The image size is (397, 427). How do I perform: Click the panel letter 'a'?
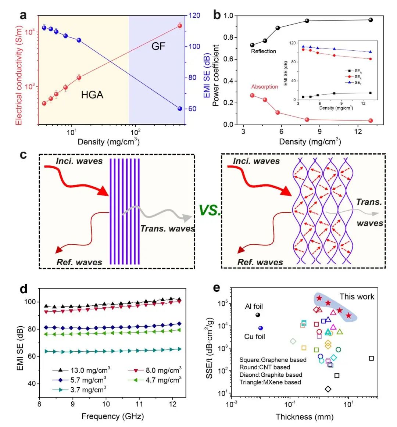tap(24, 15)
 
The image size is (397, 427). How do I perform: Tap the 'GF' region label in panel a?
tap(158, 46)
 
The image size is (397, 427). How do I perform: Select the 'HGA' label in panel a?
tap(92, 95)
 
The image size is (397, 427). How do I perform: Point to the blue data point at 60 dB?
tap(180, 109)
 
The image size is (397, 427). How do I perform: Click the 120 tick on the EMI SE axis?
tap(194, 15)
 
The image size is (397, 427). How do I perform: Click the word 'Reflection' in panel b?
tap(264, 51)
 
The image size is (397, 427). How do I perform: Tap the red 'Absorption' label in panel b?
tap(265, 87)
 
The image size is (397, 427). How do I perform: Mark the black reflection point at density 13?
tap(371, 20)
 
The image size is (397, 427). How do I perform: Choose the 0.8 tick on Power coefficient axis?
tap(228, 37)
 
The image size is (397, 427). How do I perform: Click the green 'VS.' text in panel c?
tap(210, 210)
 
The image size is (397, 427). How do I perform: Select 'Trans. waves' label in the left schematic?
tap(167, 229)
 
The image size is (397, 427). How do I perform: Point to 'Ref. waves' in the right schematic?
tap(260, 262)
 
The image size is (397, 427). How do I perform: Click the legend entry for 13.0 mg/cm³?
tap(82, 370)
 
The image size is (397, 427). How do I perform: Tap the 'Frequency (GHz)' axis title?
tap(112, 416)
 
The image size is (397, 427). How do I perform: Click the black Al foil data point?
tap(258, 315)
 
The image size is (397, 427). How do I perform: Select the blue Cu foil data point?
tap(261, 328)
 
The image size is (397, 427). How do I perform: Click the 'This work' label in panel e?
tap(357, 297)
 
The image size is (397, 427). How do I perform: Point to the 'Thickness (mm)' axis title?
tap(304, 417)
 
